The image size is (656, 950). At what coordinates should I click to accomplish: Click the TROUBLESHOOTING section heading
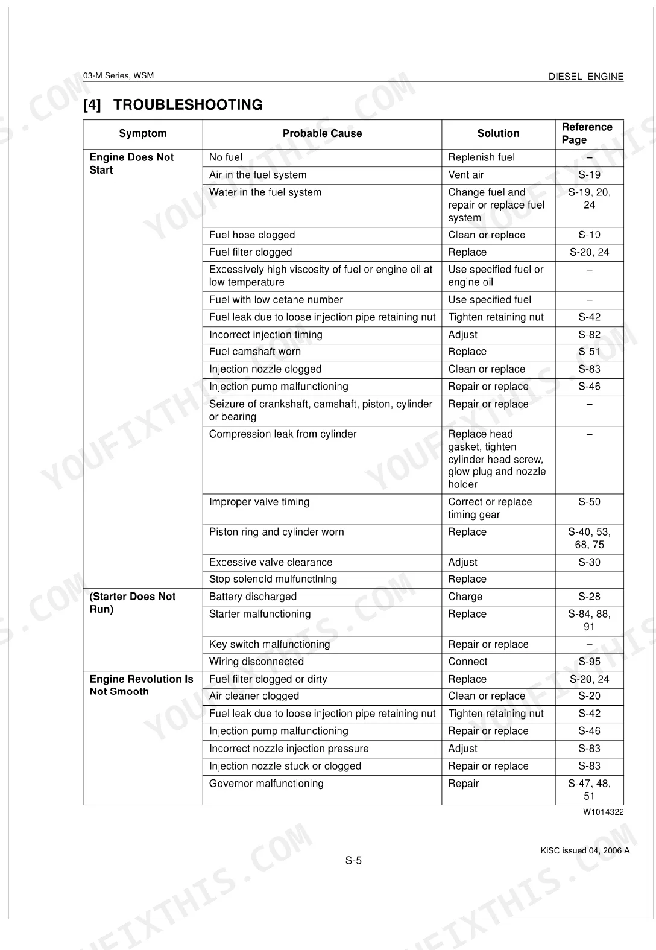(x=173, y=105)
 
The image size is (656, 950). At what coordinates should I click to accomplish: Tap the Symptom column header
(x=142, y=133)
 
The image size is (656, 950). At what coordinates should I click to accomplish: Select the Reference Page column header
(x=587, y=133)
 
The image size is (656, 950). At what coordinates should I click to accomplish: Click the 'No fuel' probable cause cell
(x=225, y=157)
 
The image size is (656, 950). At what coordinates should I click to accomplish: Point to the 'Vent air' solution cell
(x=466, y=175)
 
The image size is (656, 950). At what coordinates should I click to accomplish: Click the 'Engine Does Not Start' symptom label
(x=131, y=163)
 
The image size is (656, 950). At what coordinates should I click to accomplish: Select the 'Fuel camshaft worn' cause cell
(x=254, y=352)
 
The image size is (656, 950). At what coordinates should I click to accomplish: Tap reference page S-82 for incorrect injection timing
(x=589, y=335)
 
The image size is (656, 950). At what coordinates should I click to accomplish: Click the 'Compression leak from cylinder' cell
(x=283, y=434)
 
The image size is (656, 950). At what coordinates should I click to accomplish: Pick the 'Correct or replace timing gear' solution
(x=490, y=508)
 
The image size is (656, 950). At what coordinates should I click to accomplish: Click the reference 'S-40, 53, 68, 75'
(x=589, y=538)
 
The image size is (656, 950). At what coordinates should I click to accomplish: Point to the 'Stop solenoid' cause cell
(x=273, y=579)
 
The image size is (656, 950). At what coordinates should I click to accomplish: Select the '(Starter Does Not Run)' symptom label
(x=132, y=603)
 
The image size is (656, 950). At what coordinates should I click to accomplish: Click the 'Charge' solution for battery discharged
(x=465, y=597)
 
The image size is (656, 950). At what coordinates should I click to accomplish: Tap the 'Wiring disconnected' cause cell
(x=256, y=662)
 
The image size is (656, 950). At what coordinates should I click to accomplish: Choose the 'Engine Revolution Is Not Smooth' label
(x=141, y=685)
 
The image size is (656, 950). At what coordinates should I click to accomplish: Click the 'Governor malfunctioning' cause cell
(x=266, y=784)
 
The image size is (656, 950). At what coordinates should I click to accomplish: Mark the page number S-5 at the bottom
(x=353, y=861)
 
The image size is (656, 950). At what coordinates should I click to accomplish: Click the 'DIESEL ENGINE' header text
(x=585, y=77)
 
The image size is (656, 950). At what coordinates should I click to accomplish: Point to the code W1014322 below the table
(x=603, y=812)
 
